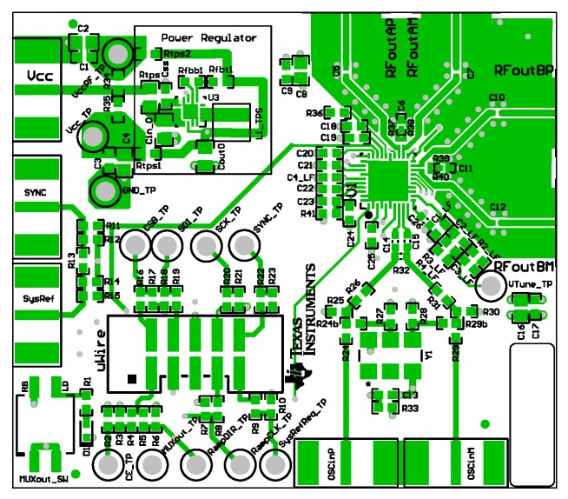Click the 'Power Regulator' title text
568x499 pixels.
208,38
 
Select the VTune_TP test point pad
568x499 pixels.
491,285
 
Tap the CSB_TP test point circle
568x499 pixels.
135,247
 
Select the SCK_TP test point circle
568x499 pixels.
206,247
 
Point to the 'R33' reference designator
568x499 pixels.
410,407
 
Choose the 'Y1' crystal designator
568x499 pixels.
427,355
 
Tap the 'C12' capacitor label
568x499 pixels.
498,207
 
